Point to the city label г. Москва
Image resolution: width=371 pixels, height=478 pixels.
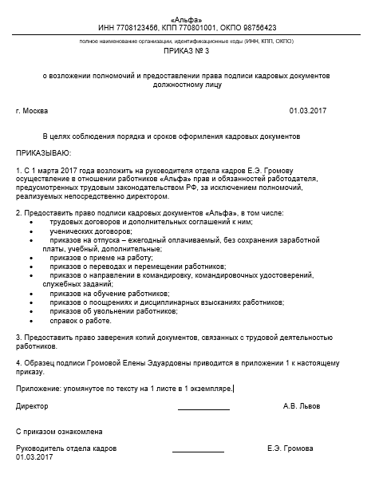[32, 109]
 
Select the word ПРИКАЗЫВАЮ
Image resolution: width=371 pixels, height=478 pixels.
[42, 152]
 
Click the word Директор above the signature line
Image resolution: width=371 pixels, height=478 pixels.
[32, 405]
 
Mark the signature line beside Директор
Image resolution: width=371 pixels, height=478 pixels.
[203, 409]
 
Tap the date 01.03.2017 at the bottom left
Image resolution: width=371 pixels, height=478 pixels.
[34, 457]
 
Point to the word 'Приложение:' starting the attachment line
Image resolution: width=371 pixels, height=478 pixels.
[37, 388]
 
